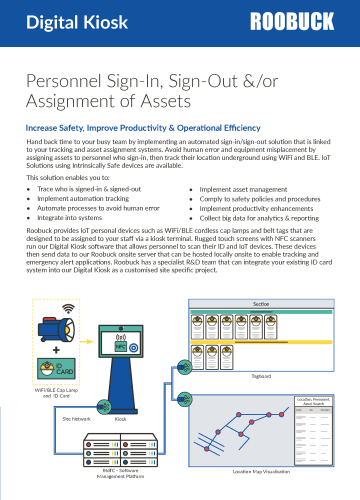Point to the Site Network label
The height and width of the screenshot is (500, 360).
pyautogui.click(x=77, y=420)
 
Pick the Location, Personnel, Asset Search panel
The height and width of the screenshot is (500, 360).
pyautogui.click(x=316, y=427)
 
